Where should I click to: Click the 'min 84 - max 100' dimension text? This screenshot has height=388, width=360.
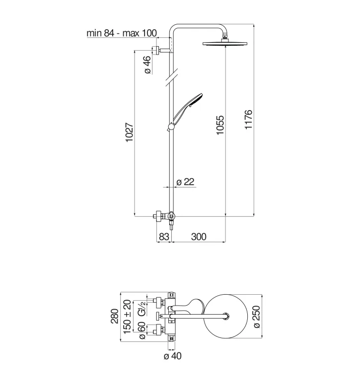point(122,33)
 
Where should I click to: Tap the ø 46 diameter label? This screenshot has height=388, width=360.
point(147,65)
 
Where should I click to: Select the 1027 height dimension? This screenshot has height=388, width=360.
point(129,132)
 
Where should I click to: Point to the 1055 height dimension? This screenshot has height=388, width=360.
point(220,125)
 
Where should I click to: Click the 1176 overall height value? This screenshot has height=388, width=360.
point(248,119)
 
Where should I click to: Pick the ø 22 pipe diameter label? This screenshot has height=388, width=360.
point(185,182)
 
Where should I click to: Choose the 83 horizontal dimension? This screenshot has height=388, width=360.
point(164,237)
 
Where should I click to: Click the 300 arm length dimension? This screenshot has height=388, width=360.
point(199,237)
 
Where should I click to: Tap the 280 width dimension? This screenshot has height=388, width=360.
point(115,316)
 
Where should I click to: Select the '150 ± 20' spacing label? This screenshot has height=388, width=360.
point(127,317)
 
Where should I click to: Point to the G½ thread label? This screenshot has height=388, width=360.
point(141,308)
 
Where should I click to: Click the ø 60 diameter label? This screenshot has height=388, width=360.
point(142,330)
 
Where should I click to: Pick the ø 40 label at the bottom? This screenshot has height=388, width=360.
point(173,356)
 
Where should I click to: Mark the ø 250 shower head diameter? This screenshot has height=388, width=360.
point(257,317)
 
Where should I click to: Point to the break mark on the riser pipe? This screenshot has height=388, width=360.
point(171,78)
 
